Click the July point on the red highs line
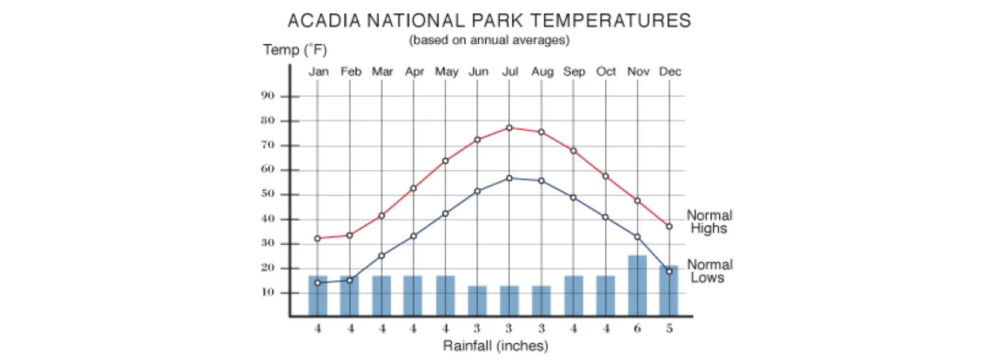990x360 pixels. click(x=509, y=128)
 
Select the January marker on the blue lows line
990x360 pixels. click(x=317, y=283)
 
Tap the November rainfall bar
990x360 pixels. click(x=637, y=286)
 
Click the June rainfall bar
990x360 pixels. click(x=478, y=301)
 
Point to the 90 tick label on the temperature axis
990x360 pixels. click(x=268, y=96)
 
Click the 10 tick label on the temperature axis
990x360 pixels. click(x=268, y=293)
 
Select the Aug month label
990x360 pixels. click(x=542, y=72)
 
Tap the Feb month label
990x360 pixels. click(x=351, y=72)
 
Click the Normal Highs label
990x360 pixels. click(x=709, y=222)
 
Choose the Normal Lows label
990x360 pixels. click(x=709, y=271)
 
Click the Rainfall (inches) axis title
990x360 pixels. click(x=496, y=346)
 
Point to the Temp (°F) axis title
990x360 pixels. click(x=295, y=50)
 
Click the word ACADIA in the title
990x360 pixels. click(x=324, y=21)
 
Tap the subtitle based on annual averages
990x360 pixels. click(x=489, y=40)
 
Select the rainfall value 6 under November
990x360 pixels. click(x=637, y=329)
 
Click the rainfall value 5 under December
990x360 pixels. click(x=669, y=329)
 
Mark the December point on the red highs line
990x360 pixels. click(x=669, y=227)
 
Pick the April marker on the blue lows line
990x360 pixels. click(x=413, y=236)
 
